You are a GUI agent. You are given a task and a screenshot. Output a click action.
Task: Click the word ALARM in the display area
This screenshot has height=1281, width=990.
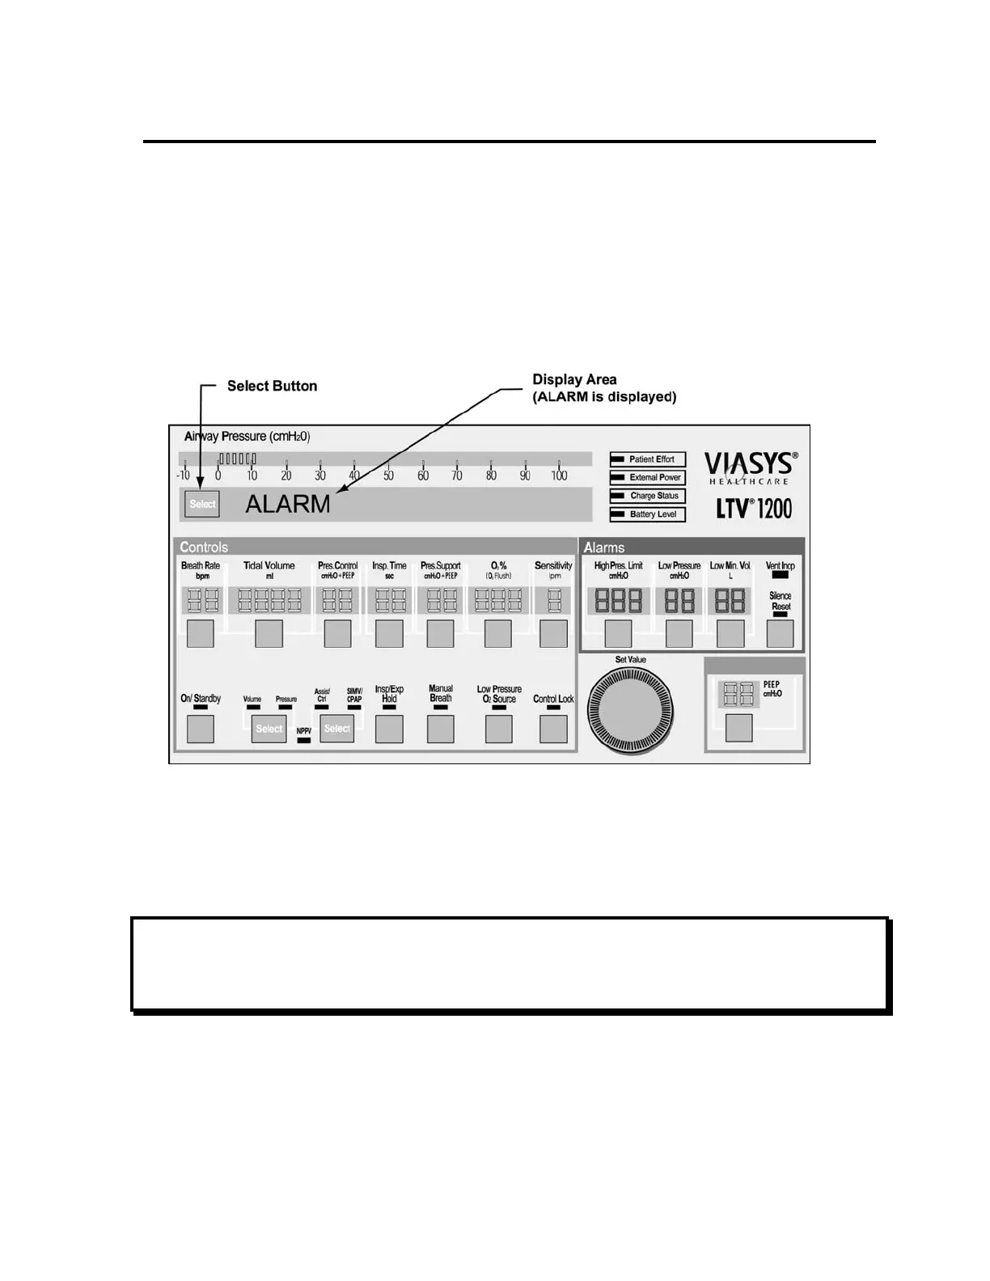tap(288, 504)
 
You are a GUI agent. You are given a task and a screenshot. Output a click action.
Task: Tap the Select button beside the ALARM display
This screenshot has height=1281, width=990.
tap(202, 504)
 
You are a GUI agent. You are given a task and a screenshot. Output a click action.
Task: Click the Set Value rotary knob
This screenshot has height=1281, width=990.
tap(630, 711)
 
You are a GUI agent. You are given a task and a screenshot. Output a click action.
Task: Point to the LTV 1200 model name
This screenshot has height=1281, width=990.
tap(754, 509)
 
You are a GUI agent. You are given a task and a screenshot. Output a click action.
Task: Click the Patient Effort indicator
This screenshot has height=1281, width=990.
tap(648, 459)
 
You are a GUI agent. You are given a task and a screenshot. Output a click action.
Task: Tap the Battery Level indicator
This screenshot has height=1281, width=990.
tap(648, 514)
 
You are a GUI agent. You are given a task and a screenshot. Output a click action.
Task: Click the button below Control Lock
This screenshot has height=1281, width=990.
tap(553, 729)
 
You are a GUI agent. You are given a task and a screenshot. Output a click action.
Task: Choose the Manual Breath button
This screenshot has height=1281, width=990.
tap(441, 729)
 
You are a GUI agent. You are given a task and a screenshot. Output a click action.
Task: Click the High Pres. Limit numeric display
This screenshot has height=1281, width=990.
tap(619, 601)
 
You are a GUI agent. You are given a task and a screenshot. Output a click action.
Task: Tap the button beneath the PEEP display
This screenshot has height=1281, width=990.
tap(739, 728)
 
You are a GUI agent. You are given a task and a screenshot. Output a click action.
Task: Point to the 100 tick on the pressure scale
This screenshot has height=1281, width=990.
tap(559, 476)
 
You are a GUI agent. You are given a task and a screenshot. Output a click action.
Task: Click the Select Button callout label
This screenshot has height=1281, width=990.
tap(272, 386)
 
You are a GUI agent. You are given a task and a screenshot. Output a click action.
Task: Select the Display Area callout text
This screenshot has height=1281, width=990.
tap(603, 388)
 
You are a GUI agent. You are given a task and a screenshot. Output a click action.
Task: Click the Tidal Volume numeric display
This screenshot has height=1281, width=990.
tap(269, 600)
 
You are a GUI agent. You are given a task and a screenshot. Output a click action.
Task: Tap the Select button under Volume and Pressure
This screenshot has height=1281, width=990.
tap(269, 729)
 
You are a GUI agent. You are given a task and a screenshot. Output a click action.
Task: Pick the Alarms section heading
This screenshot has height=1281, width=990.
tap(604, 547)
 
